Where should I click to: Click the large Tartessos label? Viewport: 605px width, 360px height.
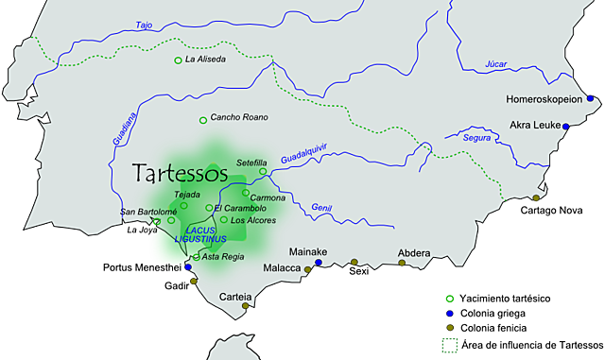click(181, 174)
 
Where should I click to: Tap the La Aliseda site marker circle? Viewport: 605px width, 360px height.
click(178, 60)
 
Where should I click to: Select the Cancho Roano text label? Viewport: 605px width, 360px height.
click(238, 118)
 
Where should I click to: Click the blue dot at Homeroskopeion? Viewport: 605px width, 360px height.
click(591, 97)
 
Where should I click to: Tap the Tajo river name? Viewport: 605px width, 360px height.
click(144, 25)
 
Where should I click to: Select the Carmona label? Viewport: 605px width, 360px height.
click(268, 197)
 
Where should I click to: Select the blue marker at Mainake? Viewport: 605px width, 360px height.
click(318, 263)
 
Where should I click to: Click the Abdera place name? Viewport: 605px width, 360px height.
click(413, 252)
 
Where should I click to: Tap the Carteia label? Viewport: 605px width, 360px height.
click(235, 297)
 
